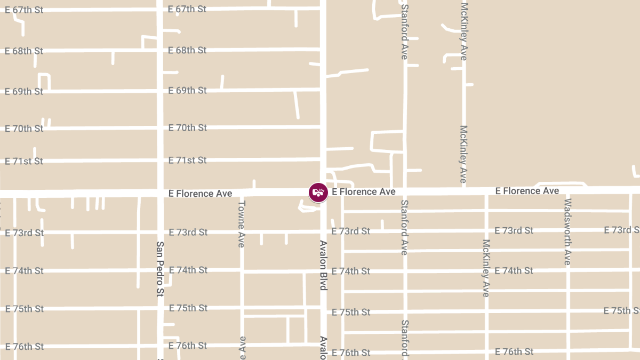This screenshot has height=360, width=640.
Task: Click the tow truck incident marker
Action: click(318, 192)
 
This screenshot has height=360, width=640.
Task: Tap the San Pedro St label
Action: click(160, 269)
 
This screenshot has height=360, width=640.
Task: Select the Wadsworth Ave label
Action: click(567, 231)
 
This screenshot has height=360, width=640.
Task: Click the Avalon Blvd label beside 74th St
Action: click(323, 265)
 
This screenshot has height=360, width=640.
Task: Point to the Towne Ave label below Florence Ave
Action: click(242, 223)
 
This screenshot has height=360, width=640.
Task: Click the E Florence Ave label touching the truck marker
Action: click(363, 191)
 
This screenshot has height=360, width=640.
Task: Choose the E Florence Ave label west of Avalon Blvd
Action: click(200, 193)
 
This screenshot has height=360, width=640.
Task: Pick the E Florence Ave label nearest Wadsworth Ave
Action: click(527, 191)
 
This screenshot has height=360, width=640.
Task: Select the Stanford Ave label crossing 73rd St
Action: click(404, 227)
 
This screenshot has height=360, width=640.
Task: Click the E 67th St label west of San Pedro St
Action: click(24, 10)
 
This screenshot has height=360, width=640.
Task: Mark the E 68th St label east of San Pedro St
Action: click(187, 50)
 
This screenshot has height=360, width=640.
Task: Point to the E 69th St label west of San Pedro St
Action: click(24, 91)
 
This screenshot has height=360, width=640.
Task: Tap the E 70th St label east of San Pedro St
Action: click(187, 127)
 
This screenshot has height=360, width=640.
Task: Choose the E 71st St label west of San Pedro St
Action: click(24, 161)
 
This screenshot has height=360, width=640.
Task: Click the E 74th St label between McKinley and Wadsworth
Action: click(514, 270)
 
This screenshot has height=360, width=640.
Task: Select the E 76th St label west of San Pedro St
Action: click(24, 347)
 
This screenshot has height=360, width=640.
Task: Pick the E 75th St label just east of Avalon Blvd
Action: click(350, 312)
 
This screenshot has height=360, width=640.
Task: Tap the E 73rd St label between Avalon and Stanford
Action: click(350, 231)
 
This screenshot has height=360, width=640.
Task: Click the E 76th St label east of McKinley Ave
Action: click(514, 351)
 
